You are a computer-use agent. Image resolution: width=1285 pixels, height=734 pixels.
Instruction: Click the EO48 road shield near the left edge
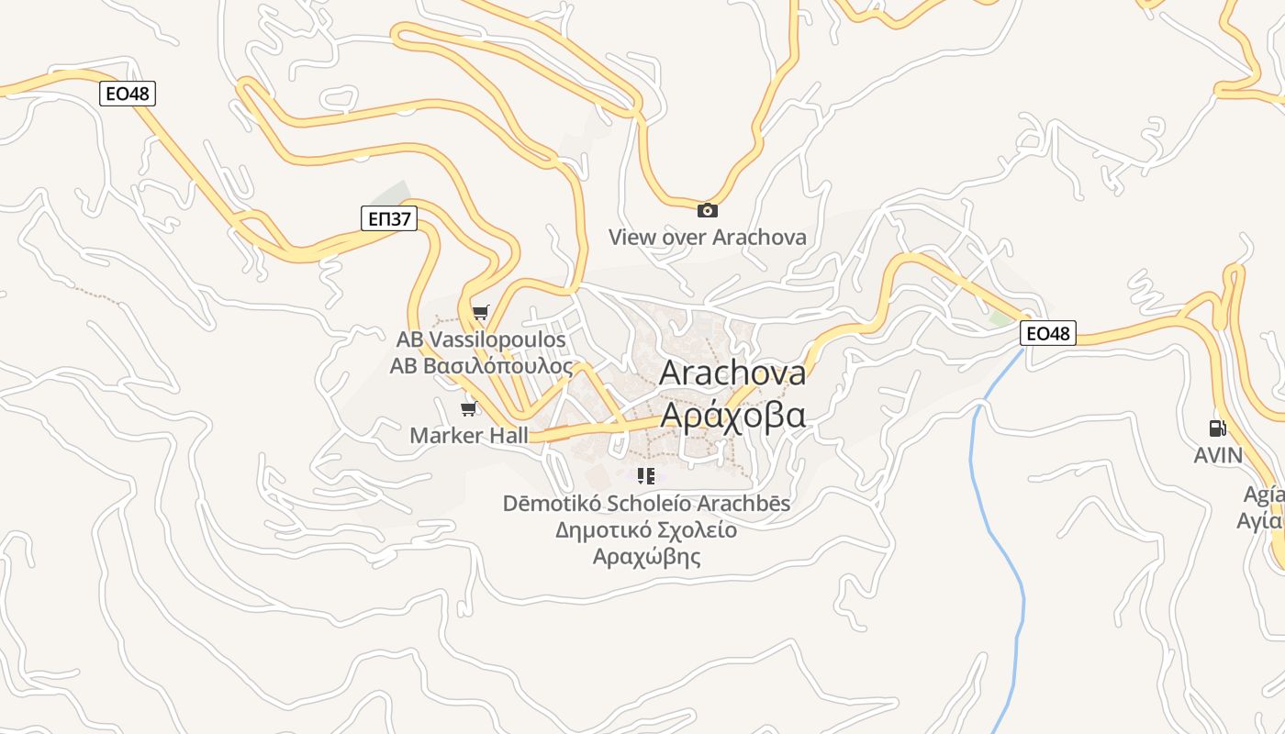(128, 94)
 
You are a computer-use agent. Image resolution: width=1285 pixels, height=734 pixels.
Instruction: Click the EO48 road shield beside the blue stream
(1047, 333)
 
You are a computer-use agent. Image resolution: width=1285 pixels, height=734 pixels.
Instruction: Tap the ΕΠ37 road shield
(388, 218)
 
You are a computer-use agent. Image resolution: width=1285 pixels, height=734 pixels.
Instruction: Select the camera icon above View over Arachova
(708, 210)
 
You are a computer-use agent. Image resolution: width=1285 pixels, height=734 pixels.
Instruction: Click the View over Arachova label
(708, 237)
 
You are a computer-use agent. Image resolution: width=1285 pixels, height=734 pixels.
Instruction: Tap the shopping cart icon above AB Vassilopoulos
(480, 313)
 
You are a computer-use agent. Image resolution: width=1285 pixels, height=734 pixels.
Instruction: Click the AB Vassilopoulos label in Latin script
(481, 339)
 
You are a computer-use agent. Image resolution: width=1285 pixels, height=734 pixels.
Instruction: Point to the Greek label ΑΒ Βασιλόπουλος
(481, 366)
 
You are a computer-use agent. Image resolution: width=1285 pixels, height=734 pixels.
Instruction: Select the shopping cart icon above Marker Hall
(469, 408)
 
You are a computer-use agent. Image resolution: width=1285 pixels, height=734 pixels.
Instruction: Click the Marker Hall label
(469, 435)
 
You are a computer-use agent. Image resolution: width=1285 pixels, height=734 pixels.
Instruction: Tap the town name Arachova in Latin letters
(732, 373)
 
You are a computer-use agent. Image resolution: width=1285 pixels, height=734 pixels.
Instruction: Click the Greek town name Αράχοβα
(732, 415)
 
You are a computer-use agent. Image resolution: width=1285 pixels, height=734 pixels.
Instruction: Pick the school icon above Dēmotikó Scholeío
(646, 476)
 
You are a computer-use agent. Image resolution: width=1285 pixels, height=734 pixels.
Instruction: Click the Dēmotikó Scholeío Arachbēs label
(646, 504)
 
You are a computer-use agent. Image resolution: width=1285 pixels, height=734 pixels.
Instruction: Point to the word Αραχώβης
(646, 557)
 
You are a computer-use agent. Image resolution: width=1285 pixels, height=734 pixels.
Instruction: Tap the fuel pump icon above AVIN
(1217, 428)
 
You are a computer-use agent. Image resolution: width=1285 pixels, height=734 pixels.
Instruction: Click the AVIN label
(1218, 455)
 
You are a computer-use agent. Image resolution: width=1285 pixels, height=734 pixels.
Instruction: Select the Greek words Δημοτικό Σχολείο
(646, 530)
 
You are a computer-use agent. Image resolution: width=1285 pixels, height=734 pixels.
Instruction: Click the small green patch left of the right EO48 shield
(1000, 318)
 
